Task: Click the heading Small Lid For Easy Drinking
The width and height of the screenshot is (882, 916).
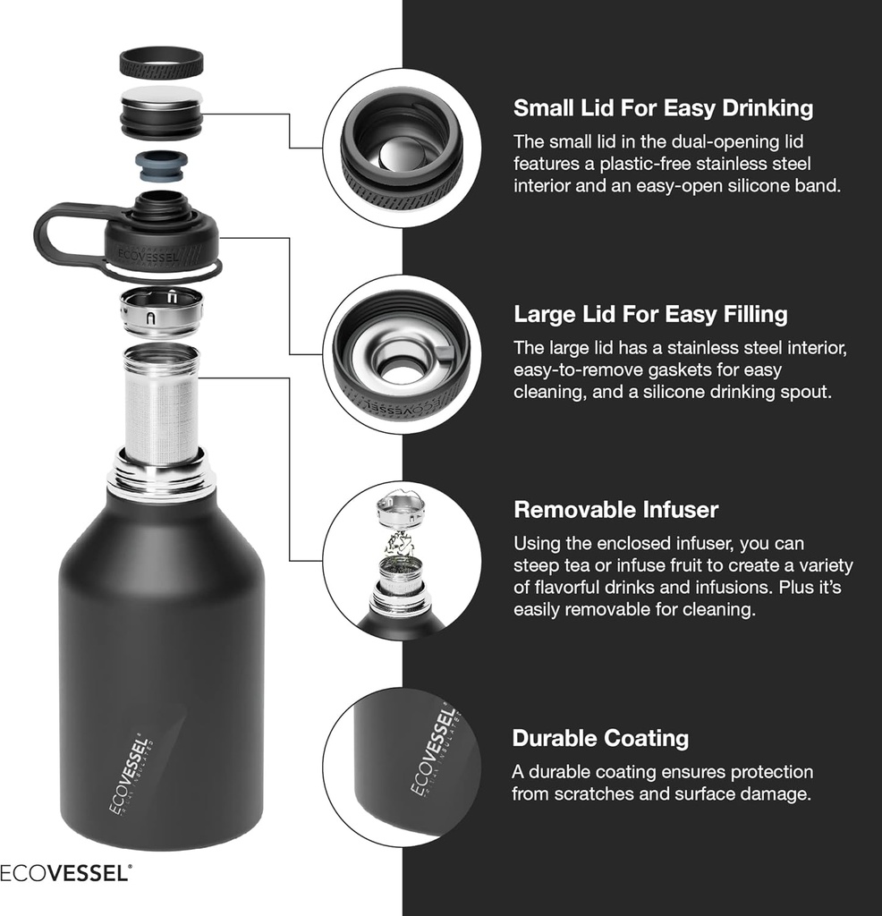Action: point(663,108)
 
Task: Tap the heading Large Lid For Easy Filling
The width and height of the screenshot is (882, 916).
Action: point(650,314)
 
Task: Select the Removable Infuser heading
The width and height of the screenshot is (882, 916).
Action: point(615,510)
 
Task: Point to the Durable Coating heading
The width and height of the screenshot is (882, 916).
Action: point(600,738)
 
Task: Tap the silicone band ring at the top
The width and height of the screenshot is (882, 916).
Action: point(161,62)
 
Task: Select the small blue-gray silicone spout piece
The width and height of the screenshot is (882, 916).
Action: point(161,166)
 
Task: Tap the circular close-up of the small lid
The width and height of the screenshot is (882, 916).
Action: point(402,148)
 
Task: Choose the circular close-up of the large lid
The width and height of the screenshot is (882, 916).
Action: point(402,354)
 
